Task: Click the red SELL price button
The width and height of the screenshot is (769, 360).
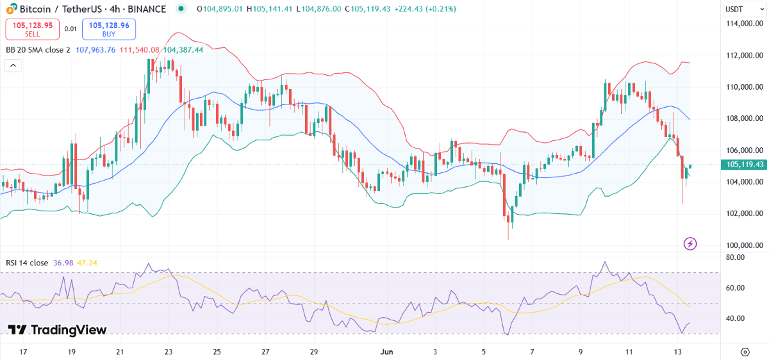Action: point(32,29)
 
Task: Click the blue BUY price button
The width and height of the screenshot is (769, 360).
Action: point(108,29)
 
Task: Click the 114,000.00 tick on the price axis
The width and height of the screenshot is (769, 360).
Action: point(743,24)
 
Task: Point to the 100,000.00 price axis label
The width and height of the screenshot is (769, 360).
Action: point(743,245)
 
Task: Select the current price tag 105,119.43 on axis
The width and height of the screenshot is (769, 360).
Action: point(744,165)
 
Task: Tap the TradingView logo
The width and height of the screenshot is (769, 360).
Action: point(57,330)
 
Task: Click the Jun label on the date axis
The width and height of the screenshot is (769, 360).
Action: point(386,352)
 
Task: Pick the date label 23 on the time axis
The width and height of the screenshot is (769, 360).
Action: point(169,352)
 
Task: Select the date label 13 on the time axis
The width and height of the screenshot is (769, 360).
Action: point(677,352)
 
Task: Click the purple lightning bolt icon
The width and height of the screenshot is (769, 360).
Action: point(690,243)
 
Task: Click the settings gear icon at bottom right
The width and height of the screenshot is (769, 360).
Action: point(745,352)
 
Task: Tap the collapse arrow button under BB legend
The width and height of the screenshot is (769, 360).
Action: point(13,65)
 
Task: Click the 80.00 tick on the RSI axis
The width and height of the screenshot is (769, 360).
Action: point(735,258)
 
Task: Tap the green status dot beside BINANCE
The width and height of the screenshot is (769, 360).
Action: point(181,9)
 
